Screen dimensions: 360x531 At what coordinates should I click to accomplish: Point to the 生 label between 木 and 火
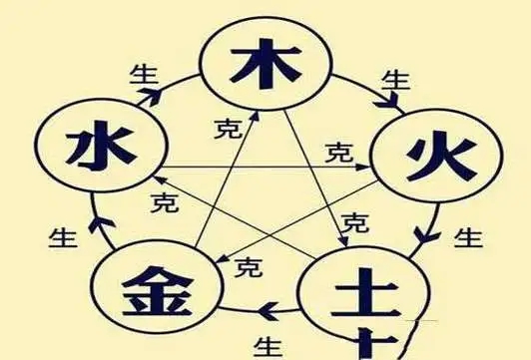[396, 78]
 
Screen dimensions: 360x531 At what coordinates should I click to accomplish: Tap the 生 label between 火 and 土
[468, 238]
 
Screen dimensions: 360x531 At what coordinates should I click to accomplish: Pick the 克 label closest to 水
[160, 202]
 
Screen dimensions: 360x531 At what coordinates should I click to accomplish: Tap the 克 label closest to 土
[353, 221]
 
